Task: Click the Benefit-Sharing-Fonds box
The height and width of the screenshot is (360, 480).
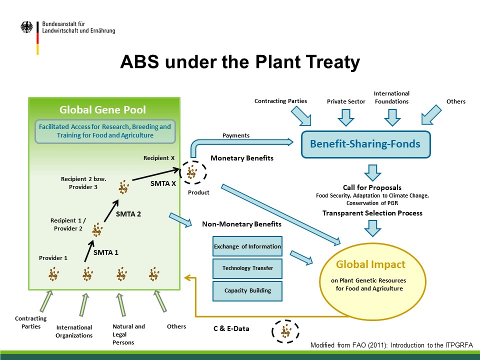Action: [366, 144]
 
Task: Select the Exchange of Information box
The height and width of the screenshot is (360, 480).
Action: [247, 246]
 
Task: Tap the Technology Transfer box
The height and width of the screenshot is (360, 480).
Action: [247, 268]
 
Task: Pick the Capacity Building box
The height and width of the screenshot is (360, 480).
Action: [247, 290]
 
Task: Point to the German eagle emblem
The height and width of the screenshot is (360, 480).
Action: [26, 27]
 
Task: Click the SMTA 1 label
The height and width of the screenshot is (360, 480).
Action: [105, 252]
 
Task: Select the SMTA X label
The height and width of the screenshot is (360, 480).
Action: [163, 183]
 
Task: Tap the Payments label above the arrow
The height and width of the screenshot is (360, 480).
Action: [235, 135]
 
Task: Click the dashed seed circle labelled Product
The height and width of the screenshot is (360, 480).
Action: [193, 172]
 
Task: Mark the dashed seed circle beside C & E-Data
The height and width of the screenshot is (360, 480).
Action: [285, 331]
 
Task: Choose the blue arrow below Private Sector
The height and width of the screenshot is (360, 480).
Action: [346, 117]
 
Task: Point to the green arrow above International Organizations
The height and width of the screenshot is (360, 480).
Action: [83, 305]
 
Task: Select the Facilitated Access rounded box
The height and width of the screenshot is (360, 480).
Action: [105, 131]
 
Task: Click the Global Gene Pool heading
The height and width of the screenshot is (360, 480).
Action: [102, 109]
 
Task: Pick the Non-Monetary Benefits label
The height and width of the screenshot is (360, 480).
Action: [242, 224]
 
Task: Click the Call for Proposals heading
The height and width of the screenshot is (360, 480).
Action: [372, 187]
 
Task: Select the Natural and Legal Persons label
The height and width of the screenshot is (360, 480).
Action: [128, 334]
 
